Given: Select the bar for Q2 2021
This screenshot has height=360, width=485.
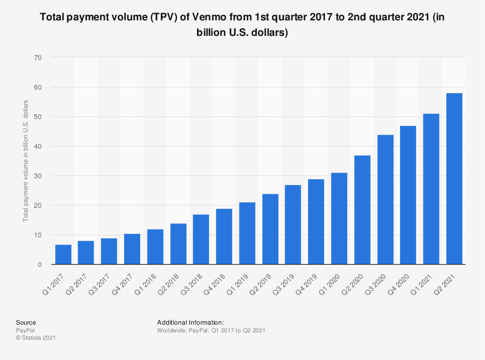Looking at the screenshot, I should point(454,179).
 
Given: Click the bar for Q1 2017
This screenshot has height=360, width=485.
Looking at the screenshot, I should point(63,255).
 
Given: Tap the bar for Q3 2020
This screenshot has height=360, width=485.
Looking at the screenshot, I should point(385,200).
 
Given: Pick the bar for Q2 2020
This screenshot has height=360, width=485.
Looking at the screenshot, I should point(362,210).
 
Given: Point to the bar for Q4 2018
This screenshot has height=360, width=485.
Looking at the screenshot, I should point(224,236).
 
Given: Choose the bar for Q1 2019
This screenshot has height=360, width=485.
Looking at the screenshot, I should point(247,234).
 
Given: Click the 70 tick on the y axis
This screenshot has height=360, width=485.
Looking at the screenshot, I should point(38,58).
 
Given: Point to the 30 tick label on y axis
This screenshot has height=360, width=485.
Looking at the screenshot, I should point(38,176).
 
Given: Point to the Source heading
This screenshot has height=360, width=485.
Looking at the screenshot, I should point(26,322).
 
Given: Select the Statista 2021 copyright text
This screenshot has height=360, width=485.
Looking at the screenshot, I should point(36,338).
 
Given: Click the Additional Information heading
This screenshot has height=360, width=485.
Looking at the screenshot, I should point(190,322).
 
